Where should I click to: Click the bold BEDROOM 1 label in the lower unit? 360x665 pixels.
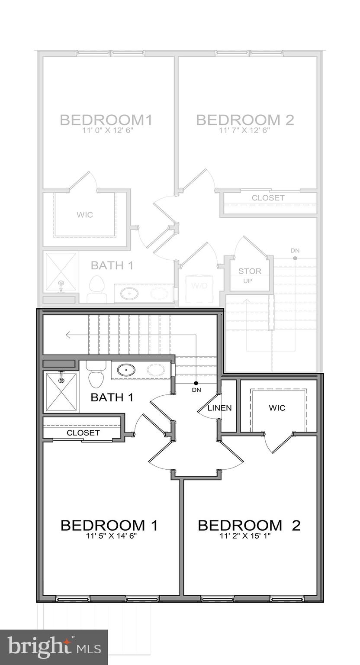click(x=109, y=525)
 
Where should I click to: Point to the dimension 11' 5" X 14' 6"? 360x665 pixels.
click(x=109, y=536)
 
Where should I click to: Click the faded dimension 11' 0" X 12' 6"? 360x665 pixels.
click(x=106, y=130)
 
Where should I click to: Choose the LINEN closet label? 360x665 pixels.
click(x=219, y=408)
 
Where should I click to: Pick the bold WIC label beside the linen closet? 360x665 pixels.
click(x=277, y=408)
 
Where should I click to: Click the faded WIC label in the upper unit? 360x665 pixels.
click(x=85, y=215)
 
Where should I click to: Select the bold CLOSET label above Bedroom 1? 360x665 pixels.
click(x=83, y=433)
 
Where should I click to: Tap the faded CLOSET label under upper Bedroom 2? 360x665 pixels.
click(x=268, y=198)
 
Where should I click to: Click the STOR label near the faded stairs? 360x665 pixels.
click(x=250, y=271)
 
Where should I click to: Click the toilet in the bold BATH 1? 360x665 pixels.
click(x=96, y=375)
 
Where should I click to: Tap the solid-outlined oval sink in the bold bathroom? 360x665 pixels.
click(x=126, y=370)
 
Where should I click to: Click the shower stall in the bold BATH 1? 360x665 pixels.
click(x=61, y=392)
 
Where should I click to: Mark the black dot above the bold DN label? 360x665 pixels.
click(x=196, y=383)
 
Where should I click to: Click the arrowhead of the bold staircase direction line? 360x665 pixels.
click(x=67, y=335)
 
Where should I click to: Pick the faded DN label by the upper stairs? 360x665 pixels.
click(x=295, y=250)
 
